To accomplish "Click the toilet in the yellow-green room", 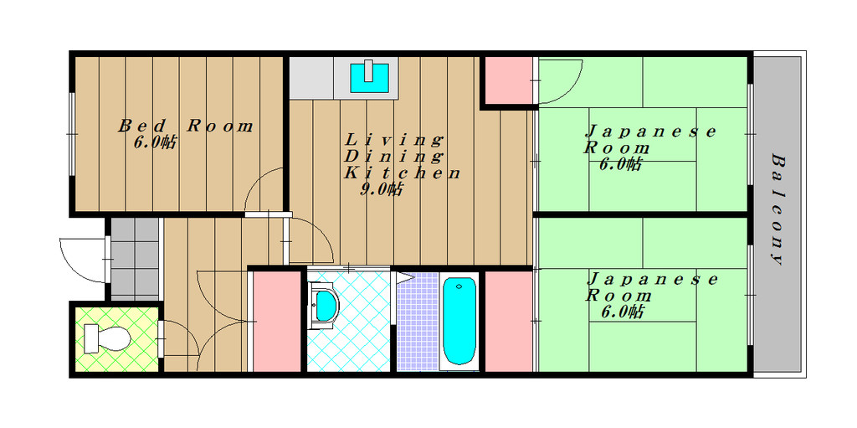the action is click(x=107, y=338).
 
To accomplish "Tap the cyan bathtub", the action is click(x=459, y=321).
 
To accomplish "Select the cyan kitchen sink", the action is click(x=369, y=78).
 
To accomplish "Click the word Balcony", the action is click(x=778, y=210).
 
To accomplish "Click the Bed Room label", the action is click(x=186, y=126).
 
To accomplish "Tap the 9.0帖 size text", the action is click(x=382, y=189).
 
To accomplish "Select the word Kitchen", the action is click(x=402, y=173).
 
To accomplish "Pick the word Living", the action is click(x=393, y=139).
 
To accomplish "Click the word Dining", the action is click(x=393, y=157).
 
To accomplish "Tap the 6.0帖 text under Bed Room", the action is click(x=155, y=143).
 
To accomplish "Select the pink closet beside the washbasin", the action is click(x=277, y=322).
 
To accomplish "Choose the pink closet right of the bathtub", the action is click(x=508, y=322).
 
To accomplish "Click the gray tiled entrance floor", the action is click(x=135, y=259).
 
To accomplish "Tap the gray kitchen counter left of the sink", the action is click(x=311, y=78).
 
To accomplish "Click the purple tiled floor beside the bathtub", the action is click(x=418, y=322).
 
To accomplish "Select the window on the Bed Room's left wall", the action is click(x=72, y=134).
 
